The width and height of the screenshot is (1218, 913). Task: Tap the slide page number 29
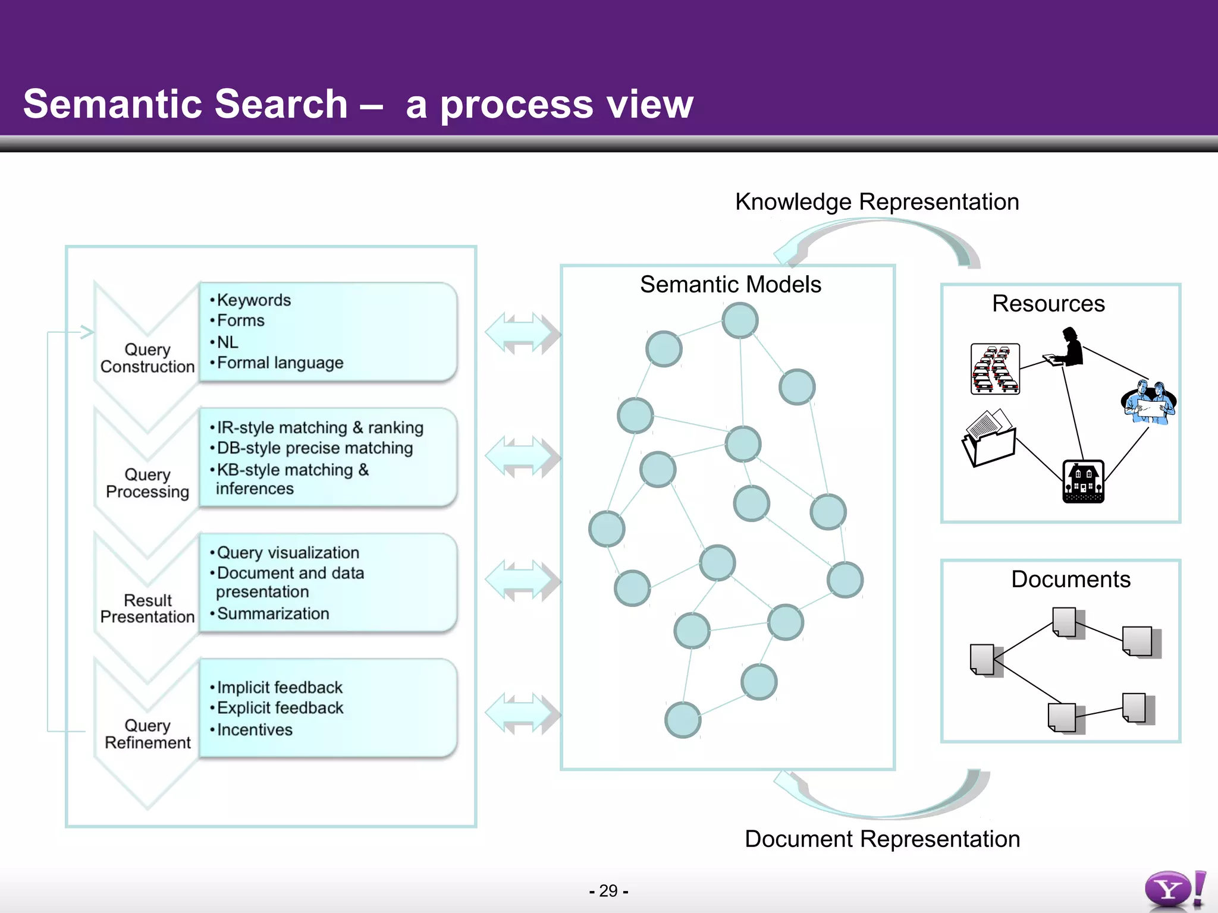(x=608, y=890)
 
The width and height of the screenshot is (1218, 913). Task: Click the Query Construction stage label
(x=147, y=358)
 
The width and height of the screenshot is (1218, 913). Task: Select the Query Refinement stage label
(x=147, y=734)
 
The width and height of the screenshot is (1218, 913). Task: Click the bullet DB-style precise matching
(x=314, y=448)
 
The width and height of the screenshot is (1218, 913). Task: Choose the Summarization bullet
(x=272, y=613)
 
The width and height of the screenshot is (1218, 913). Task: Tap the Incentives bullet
(x=254, y=729)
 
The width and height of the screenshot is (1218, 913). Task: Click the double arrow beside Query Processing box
(x=522, y=456)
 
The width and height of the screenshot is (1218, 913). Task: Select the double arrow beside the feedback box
(x=522, y=713)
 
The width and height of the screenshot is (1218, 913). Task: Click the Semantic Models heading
(x=730, y=285)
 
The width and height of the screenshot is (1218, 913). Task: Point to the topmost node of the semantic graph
(x=740, y=320)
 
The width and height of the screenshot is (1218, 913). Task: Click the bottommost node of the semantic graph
(x=683, y=720)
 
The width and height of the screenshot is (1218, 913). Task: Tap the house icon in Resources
(x=1083, y=481)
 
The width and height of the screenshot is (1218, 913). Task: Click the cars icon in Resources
(x=995, y=369)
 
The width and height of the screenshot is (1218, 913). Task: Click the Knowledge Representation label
(x=877, y=202)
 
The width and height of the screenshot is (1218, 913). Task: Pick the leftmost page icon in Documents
(x=984, y=660)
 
